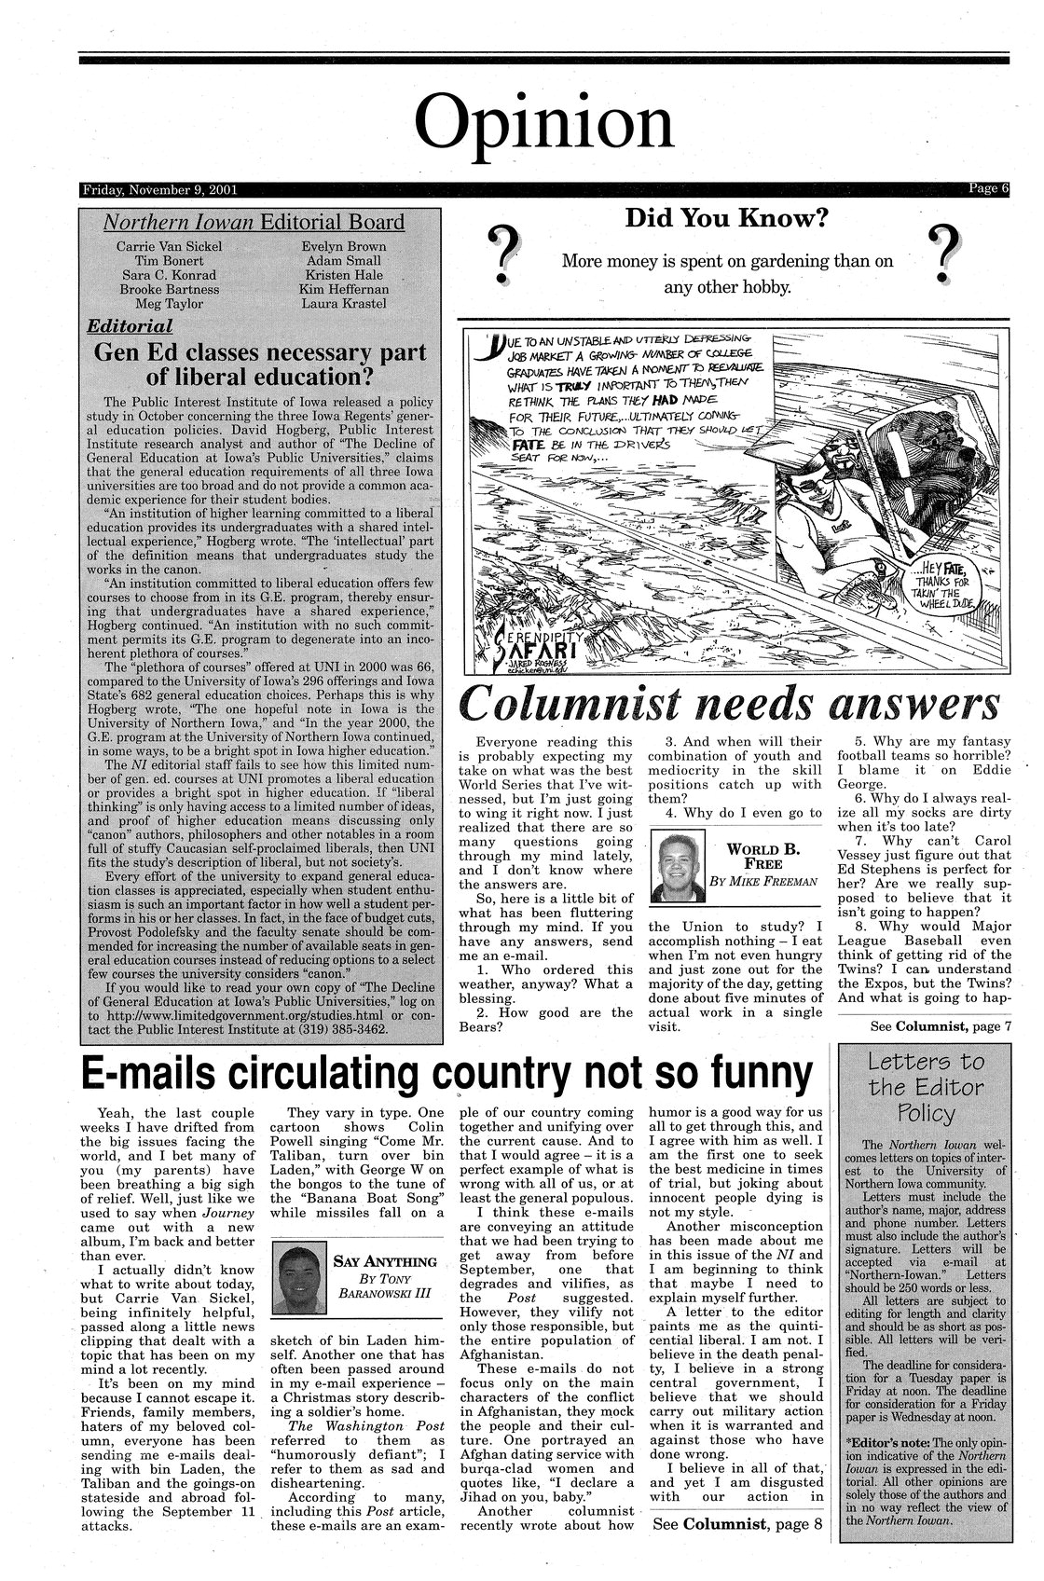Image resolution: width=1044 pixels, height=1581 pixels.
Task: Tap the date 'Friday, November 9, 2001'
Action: point(159,190)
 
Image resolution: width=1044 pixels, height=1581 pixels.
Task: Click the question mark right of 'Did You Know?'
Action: point(946,252)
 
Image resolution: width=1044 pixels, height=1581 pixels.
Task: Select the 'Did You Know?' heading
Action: point(726,219)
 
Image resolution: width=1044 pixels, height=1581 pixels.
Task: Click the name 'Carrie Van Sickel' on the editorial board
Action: point(169,246)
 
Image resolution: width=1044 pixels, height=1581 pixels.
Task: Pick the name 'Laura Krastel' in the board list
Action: point(343,304)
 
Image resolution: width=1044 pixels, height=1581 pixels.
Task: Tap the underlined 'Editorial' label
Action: point(130,326)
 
